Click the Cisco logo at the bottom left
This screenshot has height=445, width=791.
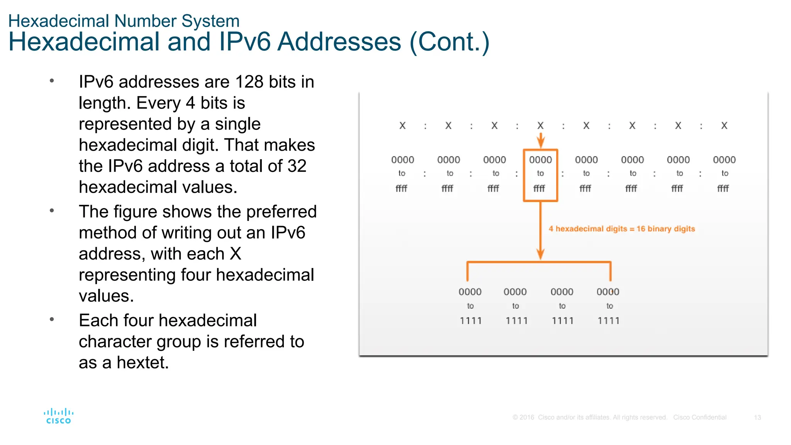(x=58, y=416)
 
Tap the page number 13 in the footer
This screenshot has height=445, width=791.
(x=757, y=418)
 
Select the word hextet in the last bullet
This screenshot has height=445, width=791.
(x=143, y=363)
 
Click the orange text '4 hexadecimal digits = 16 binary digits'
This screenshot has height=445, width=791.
(x=621, y=229)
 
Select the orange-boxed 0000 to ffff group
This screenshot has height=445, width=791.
(x=540, y=175)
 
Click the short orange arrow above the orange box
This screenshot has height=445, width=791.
(x=541, y=140)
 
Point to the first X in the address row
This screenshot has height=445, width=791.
(x=402, y=126)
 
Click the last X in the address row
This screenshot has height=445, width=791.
(x=724, y=126)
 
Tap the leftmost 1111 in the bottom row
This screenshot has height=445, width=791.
(x=471, y=321)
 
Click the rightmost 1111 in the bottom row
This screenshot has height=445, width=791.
(x=609, y=321)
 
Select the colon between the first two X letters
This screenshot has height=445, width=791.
(x=425, y=126)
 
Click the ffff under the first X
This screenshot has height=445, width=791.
(x=401, y=189)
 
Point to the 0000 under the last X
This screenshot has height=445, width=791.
(x=724, y=160)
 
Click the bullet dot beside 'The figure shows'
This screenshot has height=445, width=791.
(x=52, y=211)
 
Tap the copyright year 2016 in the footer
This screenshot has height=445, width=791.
(x=527, y=418)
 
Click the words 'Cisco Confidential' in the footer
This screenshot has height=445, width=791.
(x=699, y=418)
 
